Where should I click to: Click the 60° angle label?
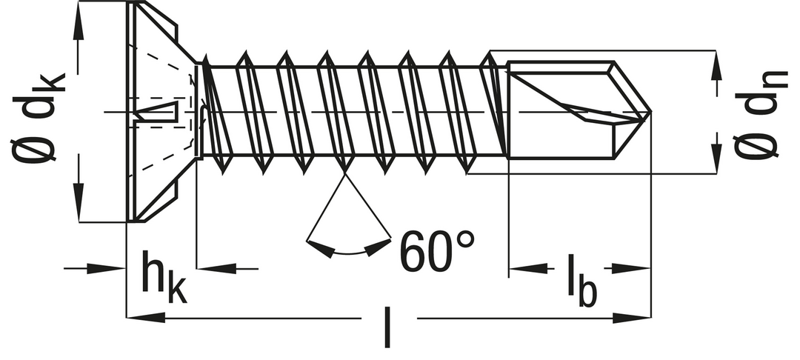click(x=437, y=251)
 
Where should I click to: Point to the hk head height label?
click(x=163, y=277)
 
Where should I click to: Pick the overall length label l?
click(x=387, y=327)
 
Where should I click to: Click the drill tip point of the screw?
click(x=650, y=112)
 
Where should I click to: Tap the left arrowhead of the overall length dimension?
click(x=145, y=319)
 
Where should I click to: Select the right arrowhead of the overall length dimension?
click(x=632, y=319)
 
